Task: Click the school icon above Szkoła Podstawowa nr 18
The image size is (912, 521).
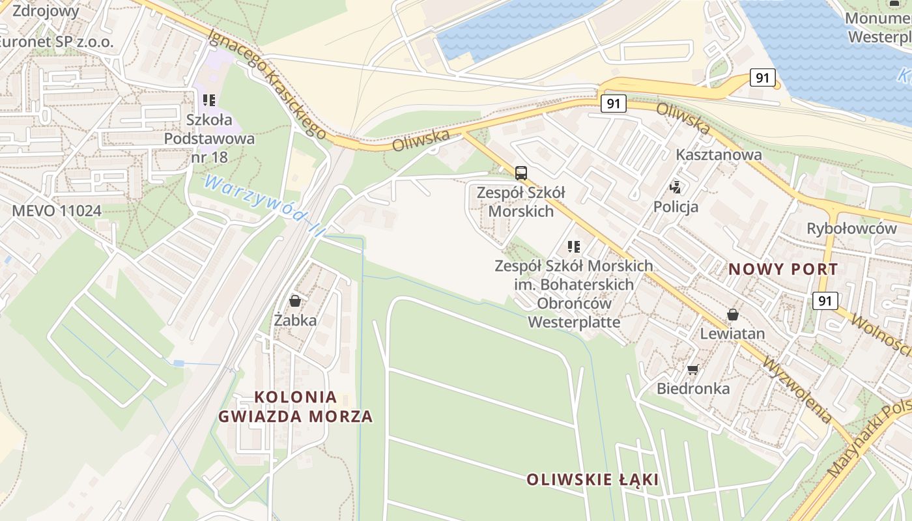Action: [209, 100]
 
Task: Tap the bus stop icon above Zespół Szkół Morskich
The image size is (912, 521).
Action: [521, 173]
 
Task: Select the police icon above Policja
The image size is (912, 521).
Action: [676, 188]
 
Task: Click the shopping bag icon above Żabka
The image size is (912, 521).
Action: [295, 300]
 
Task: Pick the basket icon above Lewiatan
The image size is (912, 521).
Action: [733, 315]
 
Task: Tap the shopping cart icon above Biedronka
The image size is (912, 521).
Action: [692, 370]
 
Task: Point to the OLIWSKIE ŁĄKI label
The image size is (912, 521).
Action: [592, 480]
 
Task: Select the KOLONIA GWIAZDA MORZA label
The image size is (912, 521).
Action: [296, 406]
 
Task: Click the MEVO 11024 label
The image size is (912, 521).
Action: [57, 210]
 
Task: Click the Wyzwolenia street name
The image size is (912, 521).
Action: [798, 390]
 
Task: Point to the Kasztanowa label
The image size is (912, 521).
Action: [719, 154]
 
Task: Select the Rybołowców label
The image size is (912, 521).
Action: [851, 229]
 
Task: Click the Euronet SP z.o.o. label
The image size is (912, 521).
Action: [55, 42]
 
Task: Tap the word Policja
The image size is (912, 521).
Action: [676, 207]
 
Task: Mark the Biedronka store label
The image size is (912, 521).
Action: [692, 389]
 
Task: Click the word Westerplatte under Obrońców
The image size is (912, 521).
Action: [573, 322]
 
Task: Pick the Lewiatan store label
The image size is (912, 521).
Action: [732, 333]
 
